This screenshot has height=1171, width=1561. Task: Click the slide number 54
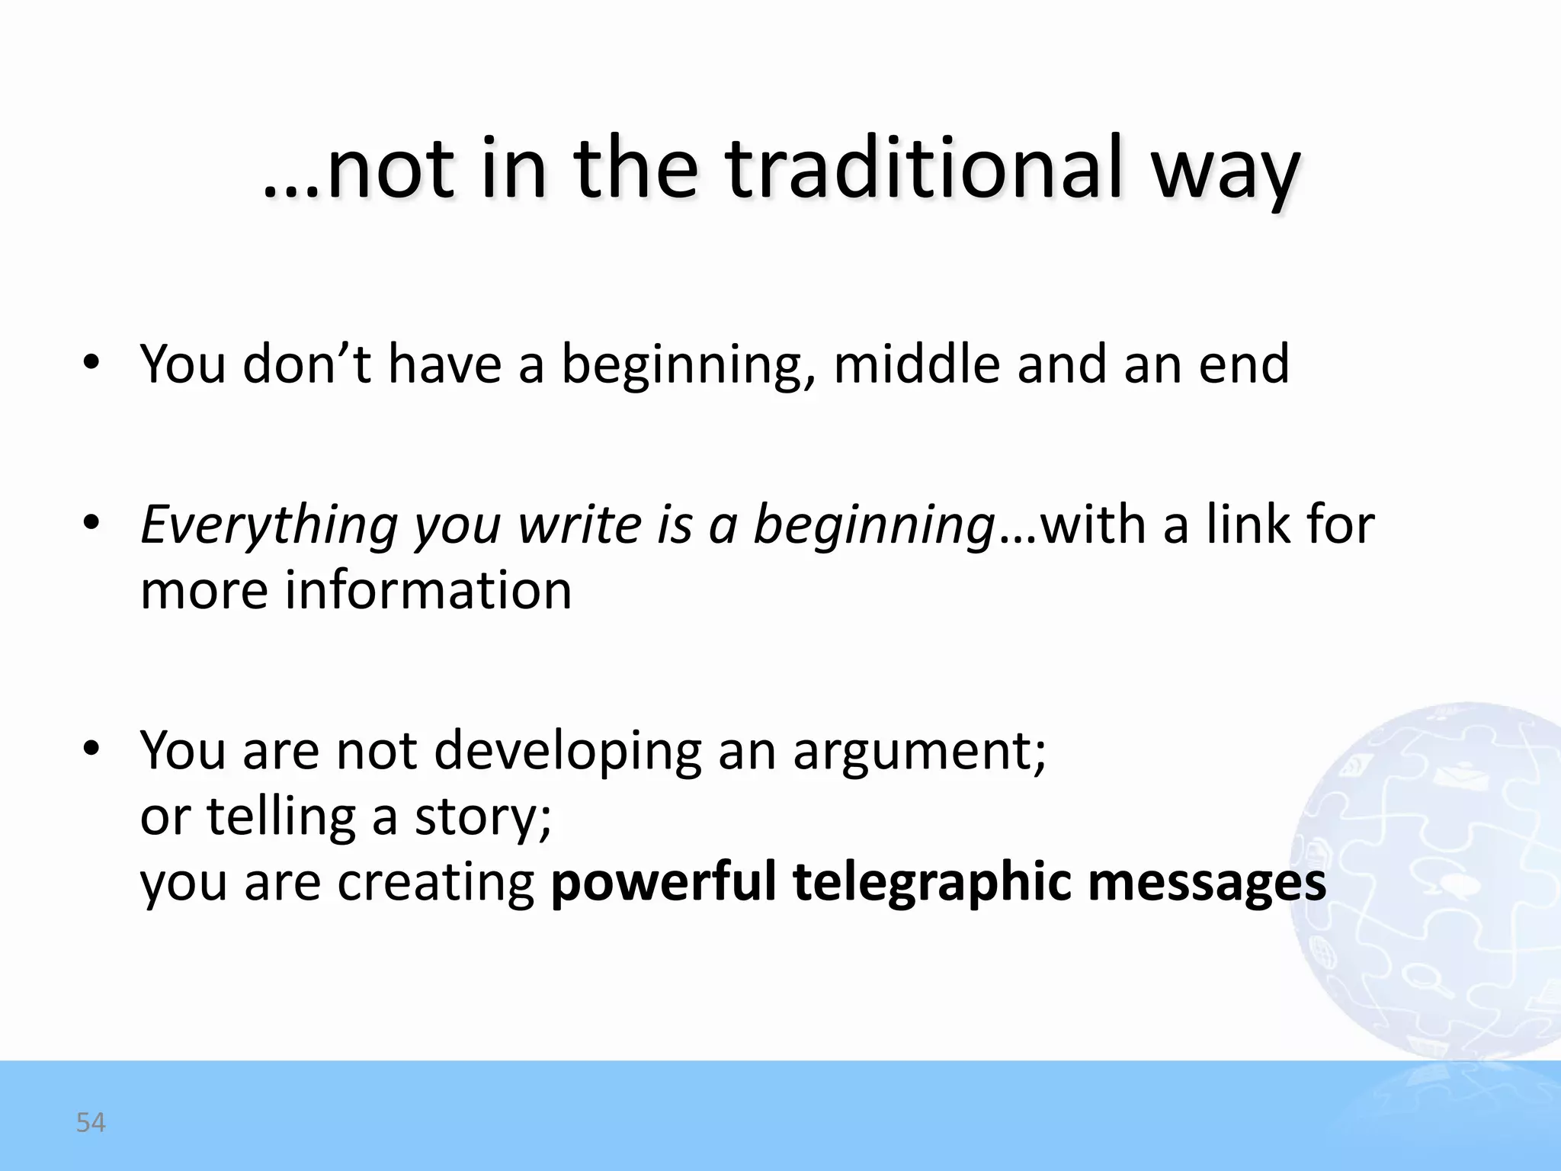[91, 1122]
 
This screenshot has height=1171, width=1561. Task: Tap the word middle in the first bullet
[916, 364]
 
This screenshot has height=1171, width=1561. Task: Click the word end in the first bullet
[1244, 364]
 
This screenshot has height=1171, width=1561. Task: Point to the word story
[482, 818]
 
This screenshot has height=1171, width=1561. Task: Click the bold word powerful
[662, 882]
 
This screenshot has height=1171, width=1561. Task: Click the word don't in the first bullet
[306, 364]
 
